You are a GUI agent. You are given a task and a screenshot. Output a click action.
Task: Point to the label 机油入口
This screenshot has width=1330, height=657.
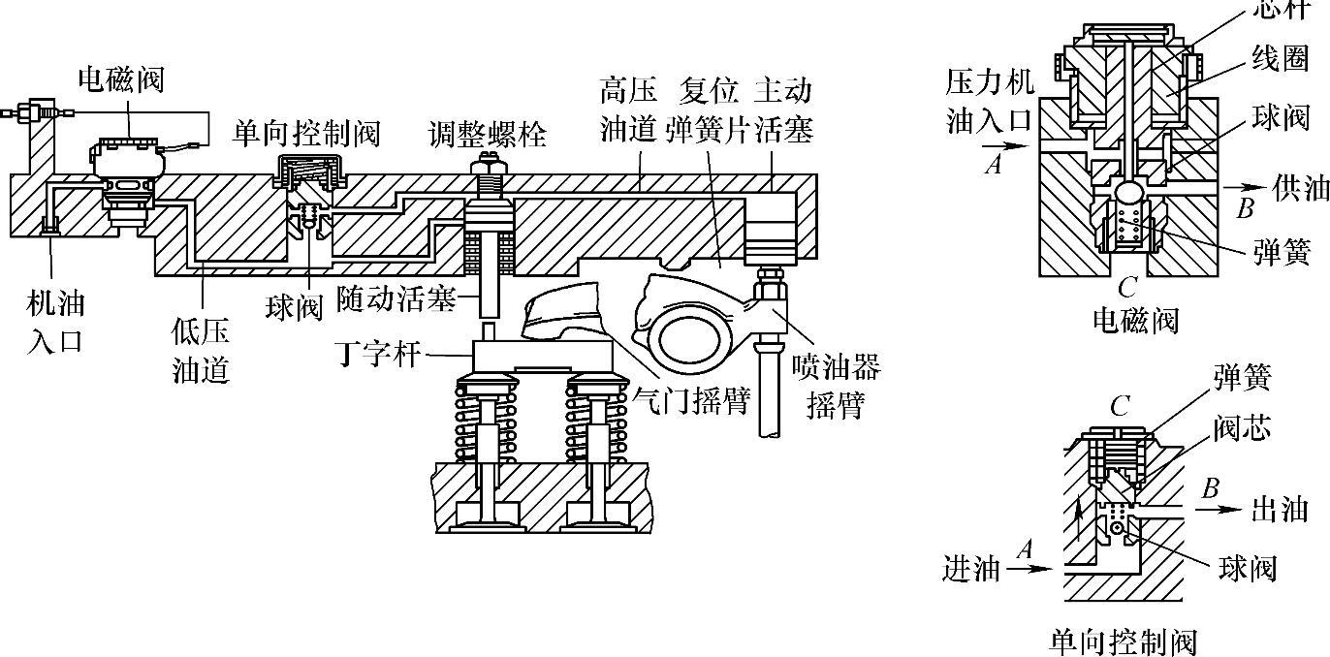(55, 323)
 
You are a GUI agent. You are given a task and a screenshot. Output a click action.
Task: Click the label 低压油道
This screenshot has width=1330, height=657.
(201, 351)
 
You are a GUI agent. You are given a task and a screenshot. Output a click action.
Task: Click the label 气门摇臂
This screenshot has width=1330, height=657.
(690, 398)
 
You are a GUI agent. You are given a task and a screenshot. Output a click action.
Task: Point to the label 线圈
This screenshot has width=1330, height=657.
(1280, 58)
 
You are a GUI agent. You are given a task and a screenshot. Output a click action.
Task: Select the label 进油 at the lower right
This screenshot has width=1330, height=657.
(970, 569)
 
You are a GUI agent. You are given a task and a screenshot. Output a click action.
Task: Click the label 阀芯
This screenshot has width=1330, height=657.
(1246, 427)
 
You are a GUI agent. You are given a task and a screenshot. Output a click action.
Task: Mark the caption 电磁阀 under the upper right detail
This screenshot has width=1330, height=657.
(1135, 319)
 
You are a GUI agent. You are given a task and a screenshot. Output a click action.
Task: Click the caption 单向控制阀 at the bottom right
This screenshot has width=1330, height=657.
(1124, 641)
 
